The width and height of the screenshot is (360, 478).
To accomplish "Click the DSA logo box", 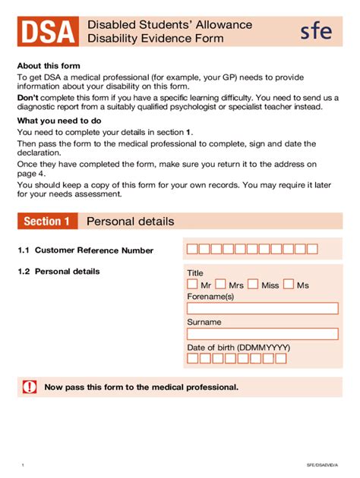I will [x=48, y=31].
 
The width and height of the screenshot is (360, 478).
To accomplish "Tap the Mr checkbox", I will [x=192, y=285].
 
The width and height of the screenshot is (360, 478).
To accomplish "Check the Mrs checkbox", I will [x=221, y=285].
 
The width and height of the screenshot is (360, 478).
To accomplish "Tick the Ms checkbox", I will [x=289, y=285].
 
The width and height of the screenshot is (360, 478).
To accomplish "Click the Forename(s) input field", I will [x=262, y=308].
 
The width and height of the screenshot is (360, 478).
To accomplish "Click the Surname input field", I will [x=262, y=334].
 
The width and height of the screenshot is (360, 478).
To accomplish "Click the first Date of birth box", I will [x=192, y=359].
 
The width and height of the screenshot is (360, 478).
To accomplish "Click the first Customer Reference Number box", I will [x=193, y=249].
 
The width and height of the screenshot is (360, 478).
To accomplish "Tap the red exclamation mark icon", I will [x=30, y=387].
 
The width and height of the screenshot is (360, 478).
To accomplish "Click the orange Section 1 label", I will [x=47, y=222].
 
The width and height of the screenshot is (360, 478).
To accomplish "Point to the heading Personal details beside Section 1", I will [x=130, y=222].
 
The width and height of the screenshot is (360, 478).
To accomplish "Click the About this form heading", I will [x=49, y=66].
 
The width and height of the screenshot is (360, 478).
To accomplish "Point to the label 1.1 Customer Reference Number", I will [x=86, y=250].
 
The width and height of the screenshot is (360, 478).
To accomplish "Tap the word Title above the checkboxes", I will [x=195, y=273].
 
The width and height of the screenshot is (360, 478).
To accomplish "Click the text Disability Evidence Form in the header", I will [x=156, y=39].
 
